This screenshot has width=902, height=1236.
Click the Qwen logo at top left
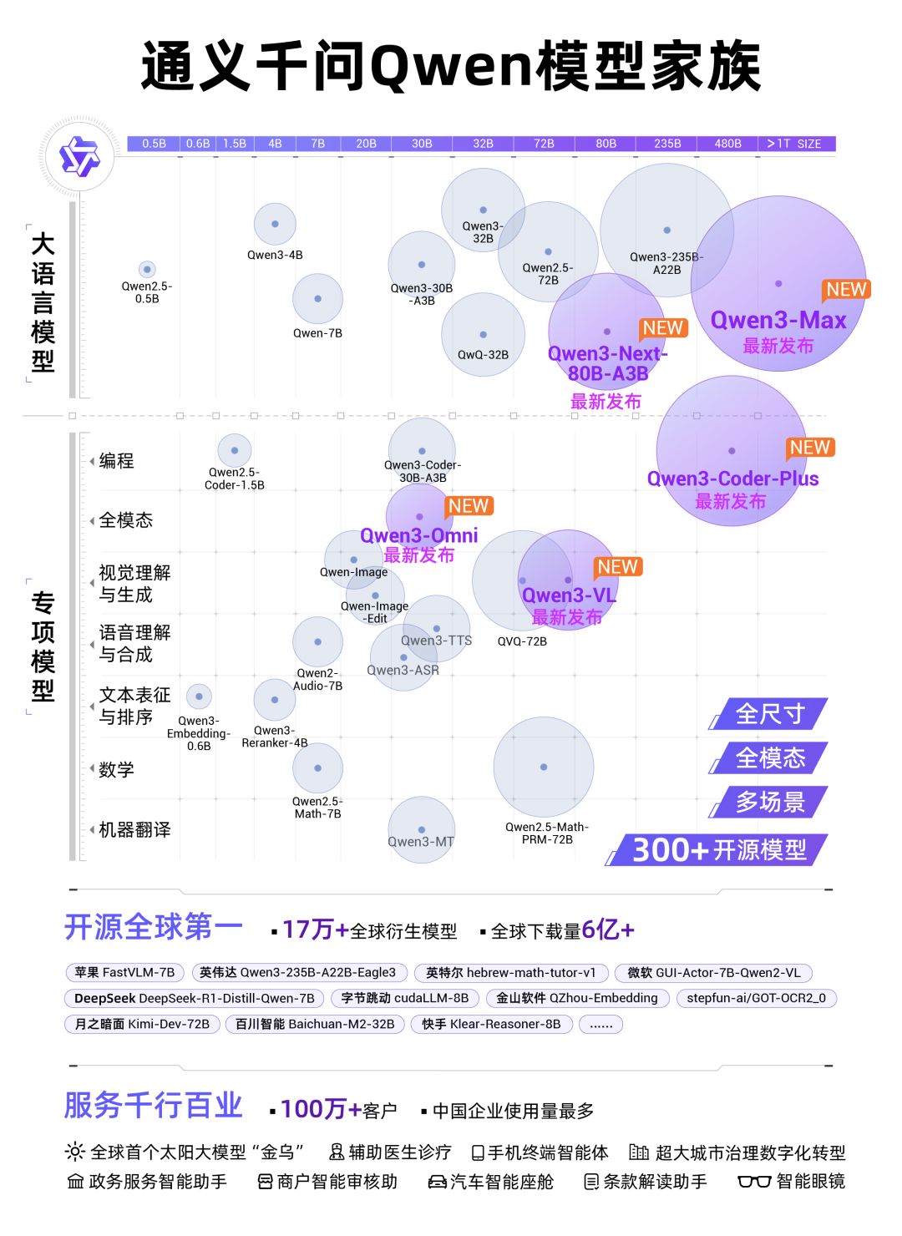79,156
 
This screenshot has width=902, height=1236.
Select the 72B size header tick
544,144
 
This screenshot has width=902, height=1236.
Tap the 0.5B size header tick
154,144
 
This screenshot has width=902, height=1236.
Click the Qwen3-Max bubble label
778,321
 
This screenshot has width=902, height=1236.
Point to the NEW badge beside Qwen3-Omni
469,506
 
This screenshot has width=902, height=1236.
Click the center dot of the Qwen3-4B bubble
275,224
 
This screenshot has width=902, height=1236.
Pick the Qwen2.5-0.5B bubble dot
147,269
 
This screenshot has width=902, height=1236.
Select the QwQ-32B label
483,355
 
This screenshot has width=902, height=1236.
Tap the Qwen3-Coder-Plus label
732,479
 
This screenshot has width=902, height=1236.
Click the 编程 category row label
116,461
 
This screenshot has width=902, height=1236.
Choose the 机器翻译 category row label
134,830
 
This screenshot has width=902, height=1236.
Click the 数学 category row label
116,770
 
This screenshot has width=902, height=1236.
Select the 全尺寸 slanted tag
769,714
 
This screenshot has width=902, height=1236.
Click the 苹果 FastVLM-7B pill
124,973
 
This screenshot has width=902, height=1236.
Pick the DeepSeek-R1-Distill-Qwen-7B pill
194,999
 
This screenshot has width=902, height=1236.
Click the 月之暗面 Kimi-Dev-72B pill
142,1025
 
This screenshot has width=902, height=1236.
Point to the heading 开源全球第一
154,928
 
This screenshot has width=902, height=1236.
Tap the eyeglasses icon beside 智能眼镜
754,1182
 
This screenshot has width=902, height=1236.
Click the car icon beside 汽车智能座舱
437,1182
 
